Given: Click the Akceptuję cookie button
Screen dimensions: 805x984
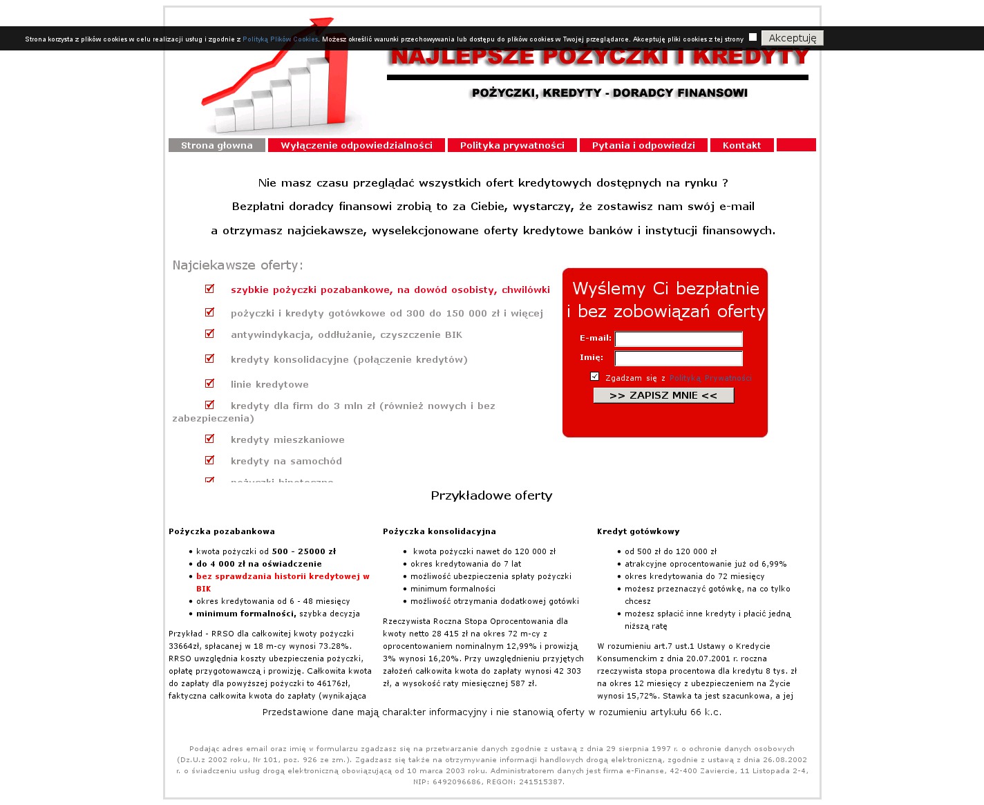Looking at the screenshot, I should click(792, 38).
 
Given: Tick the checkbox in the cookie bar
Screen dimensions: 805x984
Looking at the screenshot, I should click(753, 37).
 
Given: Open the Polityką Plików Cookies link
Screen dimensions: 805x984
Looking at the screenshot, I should click(280, 39).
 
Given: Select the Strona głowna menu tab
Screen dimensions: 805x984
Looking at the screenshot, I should click(217, 145).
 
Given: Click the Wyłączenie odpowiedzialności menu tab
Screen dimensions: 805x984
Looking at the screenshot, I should click(357, 145).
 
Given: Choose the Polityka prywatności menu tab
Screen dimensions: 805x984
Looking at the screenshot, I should click(512, 145).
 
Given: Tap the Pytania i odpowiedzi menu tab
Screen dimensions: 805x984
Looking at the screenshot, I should click(643, 145).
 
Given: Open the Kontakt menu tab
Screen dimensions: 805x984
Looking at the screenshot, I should click(741, 145).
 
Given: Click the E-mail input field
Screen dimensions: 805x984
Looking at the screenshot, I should click(678, 339).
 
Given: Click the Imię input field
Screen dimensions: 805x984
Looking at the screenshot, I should click(678, 358).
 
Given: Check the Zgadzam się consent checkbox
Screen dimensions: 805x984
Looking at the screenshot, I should click(594, 377).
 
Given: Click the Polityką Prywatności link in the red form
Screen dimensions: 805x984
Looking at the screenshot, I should click(710, 378).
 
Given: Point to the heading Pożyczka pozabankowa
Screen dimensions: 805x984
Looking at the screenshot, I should click(222, 531).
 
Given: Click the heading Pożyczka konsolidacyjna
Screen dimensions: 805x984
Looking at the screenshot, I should click(439, 531).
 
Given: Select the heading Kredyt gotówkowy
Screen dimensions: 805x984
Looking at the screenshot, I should click(638, 531).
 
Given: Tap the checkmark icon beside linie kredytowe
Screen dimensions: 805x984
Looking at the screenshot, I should click(209, 383).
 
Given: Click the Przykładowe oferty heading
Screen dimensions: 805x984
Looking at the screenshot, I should click(491, 495).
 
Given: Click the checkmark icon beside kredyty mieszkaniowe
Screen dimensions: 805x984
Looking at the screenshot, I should click(209, 439).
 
